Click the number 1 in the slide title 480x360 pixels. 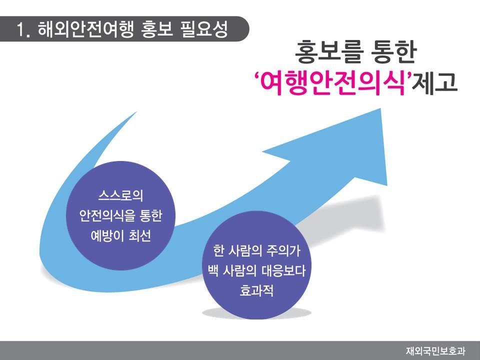(20, 30)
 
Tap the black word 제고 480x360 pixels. (434, 82)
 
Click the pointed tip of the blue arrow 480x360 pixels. (380, 108)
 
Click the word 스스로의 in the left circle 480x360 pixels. (120, 196)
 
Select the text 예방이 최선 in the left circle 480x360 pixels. (120, 235)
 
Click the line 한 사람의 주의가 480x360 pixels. (256, 250)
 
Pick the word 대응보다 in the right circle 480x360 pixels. (283, 270)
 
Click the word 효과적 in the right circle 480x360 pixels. (256, 290)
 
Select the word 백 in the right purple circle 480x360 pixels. (213, 270)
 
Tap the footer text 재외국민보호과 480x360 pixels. (435, 351)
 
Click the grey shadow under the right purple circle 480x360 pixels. (256, 313)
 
